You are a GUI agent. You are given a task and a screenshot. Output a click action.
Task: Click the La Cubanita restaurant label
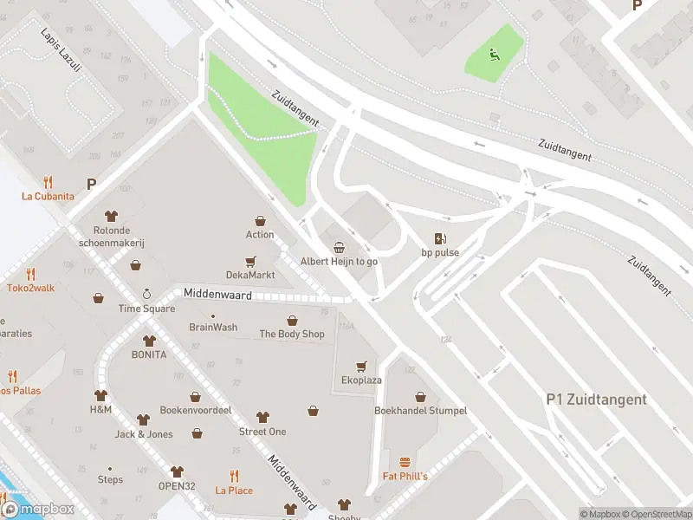[x=48, y=196]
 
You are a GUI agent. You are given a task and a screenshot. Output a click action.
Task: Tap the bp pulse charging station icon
[x=440, y=238]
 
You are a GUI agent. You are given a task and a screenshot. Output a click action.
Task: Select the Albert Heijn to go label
[x=339, y=261]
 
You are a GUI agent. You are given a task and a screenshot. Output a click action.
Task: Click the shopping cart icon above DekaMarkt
[x=250, y=261]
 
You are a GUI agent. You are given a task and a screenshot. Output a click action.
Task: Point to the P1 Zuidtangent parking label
[x=596, y=400]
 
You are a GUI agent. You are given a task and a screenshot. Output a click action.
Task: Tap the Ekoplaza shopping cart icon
[x=361, y=366]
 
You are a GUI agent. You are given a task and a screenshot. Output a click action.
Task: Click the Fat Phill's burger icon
[x=405, y=463]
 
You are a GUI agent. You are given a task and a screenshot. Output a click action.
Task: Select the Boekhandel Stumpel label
[x=420, y=410]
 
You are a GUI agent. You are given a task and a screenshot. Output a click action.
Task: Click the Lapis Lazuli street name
[x=61, y=49]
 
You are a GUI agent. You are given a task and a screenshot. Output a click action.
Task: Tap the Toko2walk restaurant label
[x=30, y=287]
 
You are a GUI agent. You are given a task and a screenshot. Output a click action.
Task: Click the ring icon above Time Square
[x=146, y=294]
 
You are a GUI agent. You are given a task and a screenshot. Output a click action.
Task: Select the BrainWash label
[x=213, y=327]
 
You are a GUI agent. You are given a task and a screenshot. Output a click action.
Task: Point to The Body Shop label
[x=292, y=334]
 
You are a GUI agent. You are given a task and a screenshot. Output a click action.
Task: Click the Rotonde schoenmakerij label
[x=111, y=237]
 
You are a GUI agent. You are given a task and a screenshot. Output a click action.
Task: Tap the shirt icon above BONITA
[x=148, y=341]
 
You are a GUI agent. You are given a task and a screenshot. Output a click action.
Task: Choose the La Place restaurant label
[x=234, y=491]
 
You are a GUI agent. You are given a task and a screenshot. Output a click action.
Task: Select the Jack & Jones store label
[x=143, y=434]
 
